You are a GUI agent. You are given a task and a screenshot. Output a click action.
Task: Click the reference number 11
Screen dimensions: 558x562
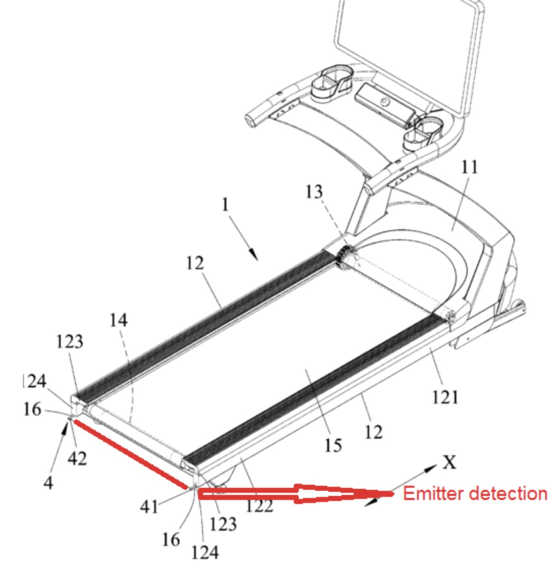[x=469, y=167]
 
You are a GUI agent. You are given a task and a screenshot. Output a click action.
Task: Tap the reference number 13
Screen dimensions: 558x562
[x=314, y=192]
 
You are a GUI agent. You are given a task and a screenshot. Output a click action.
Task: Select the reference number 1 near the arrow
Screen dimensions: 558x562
[x=225, y=205]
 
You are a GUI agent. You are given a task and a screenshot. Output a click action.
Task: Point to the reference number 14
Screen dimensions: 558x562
[x=118, y=320]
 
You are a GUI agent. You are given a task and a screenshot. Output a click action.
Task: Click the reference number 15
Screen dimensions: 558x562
[x=333, y=445]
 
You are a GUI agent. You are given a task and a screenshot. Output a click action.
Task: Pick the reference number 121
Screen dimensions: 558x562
[x=445, y=397]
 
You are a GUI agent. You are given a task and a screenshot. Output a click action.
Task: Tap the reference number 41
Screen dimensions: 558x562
[x=149, y=507]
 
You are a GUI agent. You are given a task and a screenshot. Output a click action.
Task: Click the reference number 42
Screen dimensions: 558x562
[x=78, y=458]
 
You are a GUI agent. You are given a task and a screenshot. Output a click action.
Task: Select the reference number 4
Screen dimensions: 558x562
[x=49, y=483]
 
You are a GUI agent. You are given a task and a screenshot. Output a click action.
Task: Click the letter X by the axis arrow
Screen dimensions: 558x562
[x=449, y=462]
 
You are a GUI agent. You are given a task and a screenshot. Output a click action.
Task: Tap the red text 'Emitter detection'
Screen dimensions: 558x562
[x=475, y=493]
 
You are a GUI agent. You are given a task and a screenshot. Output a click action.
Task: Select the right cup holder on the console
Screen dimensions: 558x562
[x=423, y=134]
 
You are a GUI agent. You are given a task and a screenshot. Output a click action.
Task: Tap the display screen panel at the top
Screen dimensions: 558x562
[x=409, y=54]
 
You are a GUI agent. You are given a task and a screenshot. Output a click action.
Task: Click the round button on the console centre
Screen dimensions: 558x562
[x=385, y=102]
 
